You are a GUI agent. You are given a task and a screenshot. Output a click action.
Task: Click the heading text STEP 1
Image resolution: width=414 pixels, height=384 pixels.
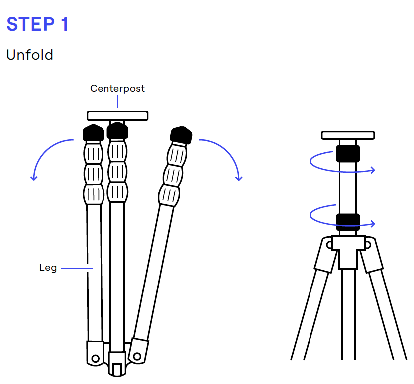tap(37, 24)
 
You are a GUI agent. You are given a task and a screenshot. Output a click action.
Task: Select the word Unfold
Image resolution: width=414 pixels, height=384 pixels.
tap(29, 55)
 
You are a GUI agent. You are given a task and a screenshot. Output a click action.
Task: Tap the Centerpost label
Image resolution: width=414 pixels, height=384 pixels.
tap(117, 88)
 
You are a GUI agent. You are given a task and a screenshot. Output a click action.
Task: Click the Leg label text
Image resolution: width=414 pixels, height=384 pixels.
tap(48, 268)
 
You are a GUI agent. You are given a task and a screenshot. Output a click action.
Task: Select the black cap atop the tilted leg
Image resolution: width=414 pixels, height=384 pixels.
tap(181, 135)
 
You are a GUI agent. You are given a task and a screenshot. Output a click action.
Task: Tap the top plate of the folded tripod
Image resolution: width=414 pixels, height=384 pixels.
tap(117, 115)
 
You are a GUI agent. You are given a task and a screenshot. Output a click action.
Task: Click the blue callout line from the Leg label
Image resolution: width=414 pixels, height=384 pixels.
tap(77, 268)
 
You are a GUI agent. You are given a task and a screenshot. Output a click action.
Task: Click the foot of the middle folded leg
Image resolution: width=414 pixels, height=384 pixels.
tap(117, 364)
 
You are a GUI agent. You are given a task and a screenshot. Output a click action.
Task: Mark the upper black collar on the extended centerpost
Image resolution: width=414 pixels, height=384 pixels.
tap(348, 153)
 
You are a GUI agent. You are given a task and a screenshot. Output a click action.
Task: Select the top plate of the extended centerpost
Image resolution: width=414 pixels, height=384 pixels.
tap(348, 135)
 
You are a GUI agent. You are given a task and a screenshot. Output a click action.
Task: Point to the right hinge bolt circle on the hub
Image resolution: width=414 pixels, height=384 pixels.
tap(367, 245)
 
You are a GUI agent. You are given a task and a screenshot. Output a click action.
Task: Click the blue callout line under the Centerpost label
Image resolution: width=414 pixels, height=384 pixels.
tap(118, 101)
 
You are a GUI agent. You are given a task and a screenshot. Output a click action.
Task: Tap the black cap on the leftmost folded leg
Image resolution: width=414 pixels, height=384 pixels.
tap(93, 133)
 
